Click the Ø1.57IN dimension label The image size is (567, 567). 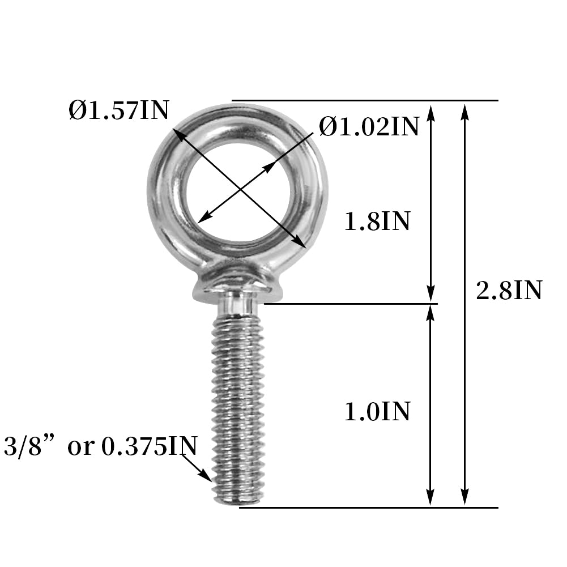tap(119, 110)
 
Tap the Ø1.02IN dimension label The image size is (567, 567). tap(369, 126)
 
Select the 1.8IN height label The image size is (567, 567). tap(377, 221)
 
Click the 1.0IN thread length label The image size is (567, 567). tap(377, 411)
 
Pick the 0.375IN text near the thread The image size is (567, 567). tap(150, 446)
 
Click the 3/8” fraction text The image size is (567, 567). tap(28, 446)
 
